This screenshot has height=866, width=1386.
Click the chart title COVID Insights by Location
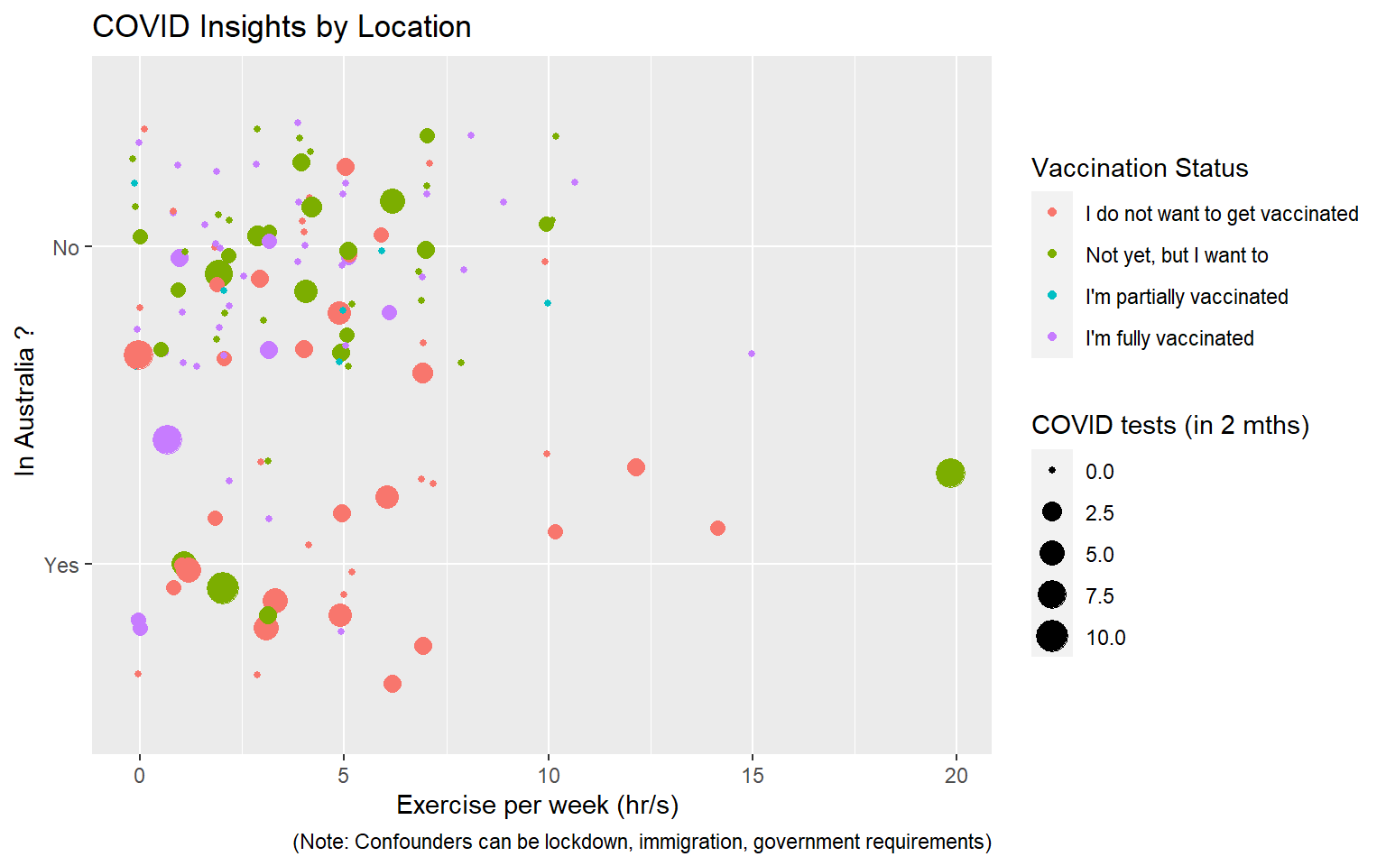click(282, 27)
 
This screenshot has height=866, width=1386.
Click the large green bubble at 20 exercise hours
click(950, 473)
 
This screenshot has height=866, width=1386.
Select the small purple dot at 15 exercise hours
click(752, 354)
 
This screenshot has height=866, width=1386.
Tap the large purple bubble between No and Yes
click(167, 439)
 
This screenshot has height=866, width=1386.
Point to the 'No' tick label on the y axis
click(66, 248)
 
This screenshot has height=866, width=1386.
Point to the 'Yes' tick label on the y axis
click(61, 566)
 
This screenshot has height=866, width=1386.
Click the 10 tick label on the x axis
click(548, 776)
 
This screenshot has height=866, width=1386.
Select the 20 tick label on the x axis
click(956, 776)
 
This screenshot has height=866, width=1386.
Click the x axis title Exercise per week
click(537, 805)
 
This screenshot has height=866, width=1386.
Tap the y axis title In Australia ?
click(24, 401)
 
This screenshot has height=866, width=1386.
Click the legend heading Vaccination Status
click(1140, 169)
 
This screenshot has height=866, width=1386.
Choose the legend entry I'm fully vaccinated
click(1169, 338)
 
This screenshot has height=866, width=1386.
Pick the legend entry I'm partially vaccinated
click(1187, 297)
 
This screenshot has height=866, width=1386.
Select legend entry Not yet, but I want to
click(1177, 255)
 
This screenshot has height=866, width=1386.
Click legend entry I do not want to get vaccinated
click(1222, 214)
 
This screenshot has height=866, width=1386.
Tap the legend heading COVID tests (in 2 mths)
click(1170, 425)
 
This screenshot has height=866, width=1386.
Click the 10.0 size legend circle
click(1052, 637)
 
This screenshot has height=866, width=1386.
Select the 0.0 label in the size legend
click(1099, 472)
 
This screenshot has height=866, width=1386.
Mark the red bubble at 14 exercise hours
click(717, 528)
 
